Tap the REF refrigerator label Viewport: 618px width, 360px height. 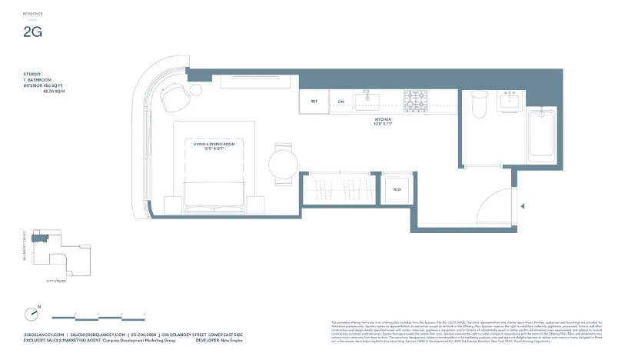[314, 102]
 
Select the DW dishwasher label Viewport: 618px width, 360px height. [341, 102]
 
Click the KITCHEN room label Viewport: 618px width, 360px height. [383, 120]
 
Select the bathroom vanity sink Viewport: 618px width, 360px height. [509, 101]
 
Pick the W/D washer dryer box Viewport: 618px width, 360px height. [397, 188]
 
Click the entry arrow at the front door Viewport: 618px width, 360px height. [523, 205]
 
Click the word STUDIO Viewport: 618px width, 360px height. [32, 74]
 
